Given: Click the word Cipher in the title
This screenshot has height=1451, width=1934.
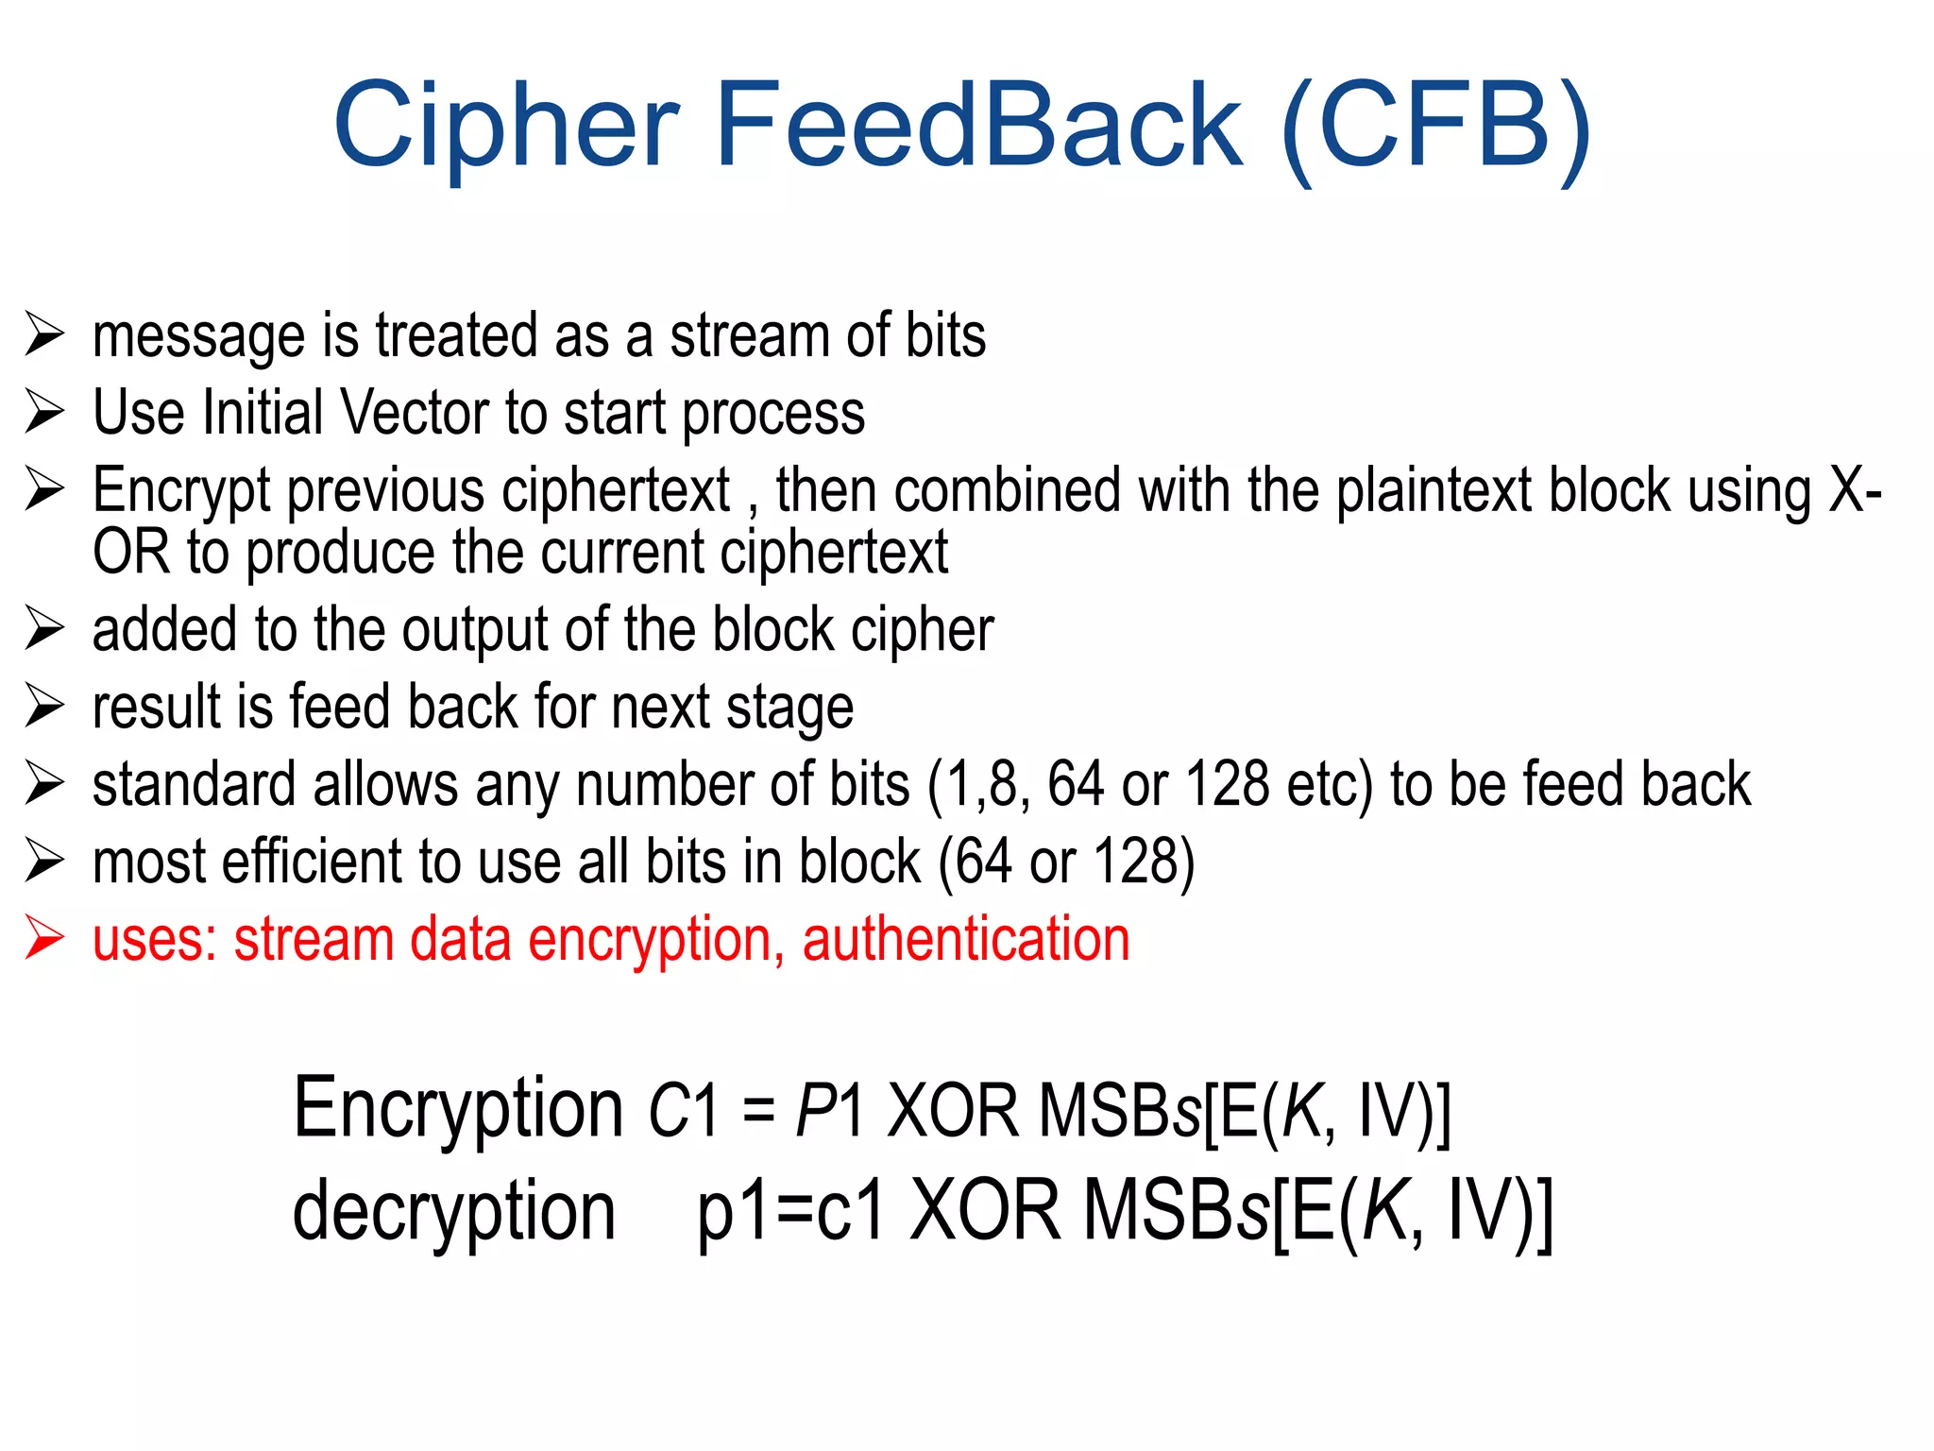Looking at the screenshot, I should coord(505,126).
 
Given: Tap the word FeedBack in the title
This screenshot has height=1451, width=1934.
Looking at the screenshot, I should coord(979,126).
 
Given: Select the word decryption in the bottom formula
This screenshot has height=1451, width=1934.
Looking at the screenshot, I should coord(454,1211).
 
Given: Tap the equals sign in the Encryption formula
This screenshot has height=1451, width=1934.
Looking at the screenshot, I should coord(758,1111).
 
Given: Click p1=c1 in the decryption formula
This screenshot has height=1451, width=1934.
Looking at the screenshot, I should coord(791,1213).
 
